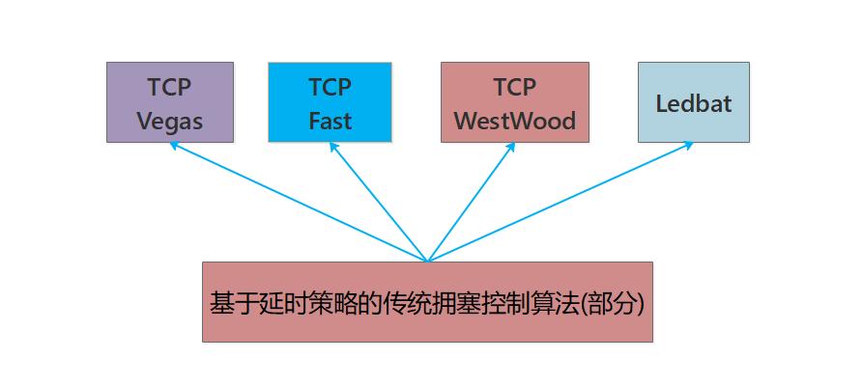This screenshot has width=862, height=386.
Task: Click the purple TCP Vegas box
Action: point(170,102)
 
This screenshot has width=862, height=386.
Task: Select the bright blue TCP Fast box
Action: point(330,102)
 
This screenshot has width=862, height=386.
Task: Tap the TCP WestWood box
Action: point(514,102)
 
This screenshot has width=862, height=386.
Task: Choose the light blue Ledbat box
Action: point(693,102)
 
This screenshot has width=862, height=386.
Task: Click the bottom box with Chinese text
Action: point(426,301)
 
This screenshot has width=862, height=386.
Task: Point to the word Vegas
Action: point(170,121)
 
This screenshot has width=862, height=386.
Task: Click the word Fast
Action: point(330,121)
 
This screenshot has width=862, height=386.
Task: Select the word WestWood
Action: point(514,121)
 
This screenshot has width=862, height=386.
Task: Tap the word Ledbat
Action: point(693,103)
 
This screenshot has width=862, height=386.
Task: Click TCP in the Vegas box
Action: point(170,87)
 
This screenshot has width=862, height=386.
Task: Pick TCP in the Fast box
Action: point(330,87)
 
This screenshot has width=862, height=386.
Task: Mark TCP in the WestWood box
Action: point(514,87)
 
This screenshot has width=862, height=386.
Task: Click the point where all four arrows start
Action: point(426,261)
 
